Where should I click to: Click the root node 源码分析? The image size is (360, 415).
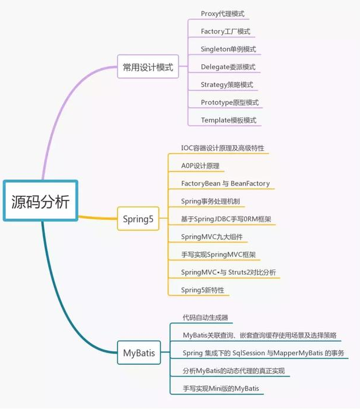(x=40, y=201)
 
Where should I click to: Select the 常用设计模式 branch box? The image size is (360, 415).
(x=148, y=67)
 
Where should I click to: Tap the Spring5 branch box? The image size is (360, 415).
(x=138, y=219)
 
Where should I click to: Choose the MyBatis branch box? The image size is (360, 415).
(x=139, y=353)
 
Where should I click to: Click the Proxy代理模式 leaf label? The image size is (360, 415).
(x=222, y=14)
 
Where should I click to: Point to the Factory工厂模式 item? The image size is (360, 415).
(x=225, y=31)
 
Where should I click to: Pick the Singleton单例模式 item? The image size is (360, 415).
(x=228, y=49)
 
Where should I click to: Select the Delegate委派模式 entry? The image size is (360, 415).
(x=227, y=67)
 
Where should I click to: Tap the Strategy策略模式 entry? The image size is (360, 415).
(x=226, y=84)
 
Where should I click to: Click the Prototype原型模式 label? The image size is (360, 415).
(x=229, y=102)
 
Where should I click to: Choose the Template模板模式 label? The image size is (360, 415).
(x=228, y=120)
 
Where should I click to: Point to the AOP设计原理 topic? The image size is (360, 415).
(x=200, y=166)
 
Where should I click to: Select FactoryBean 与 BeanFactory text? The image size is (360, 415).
(x=225, y=183)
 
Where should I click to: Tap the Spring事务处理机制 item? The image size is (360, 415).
(x=210, y=201)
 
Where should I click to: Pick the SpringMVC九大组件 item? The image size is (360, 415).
(x=211, y=236)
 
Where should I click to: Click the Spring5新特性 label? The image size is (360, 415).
(x=202, y=289)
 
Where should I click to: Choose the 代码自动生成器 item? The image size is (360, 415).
(x=205, y=317)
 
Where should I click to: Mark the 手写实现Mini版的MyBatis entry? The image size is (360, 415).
(x=220, y=388)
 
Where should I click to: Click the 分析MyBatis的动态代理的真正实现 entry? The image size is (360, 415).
(x=233, y=371)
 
